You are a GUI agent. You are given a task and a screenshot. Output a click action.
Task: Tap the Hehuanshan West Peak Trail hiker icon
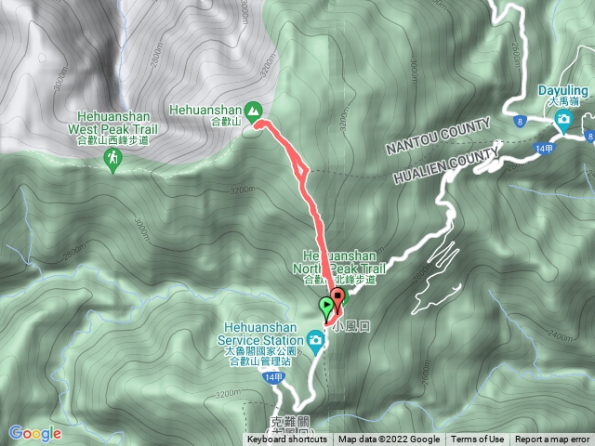[112, 162]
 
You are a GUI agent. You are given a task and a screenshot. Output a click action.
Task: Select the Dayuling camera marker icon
[563, 120]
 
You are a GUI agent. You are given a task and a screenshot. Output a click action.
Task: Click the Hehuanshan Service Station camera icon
[316, 341]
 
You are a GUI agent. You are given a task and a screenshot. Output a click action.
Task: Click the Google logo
[35, 432]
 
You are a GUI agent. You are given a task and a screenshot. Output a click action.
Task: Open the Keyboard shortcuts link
[288, 439]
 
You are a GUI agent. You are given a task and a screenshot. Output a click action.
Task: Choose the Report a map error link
[553, 439]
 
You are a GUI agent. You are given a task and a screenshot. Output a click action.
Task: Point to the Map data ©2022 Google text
[389, 439]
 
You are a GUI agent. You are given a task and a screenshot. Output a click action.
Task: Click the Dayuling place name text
[563, 90]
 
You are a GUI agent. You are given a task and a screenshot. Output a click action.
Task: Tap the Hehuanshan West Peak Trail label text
[112, 123]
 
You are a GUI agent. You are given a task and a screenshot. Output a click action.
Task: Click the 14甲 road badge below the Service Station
[272, 378]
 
